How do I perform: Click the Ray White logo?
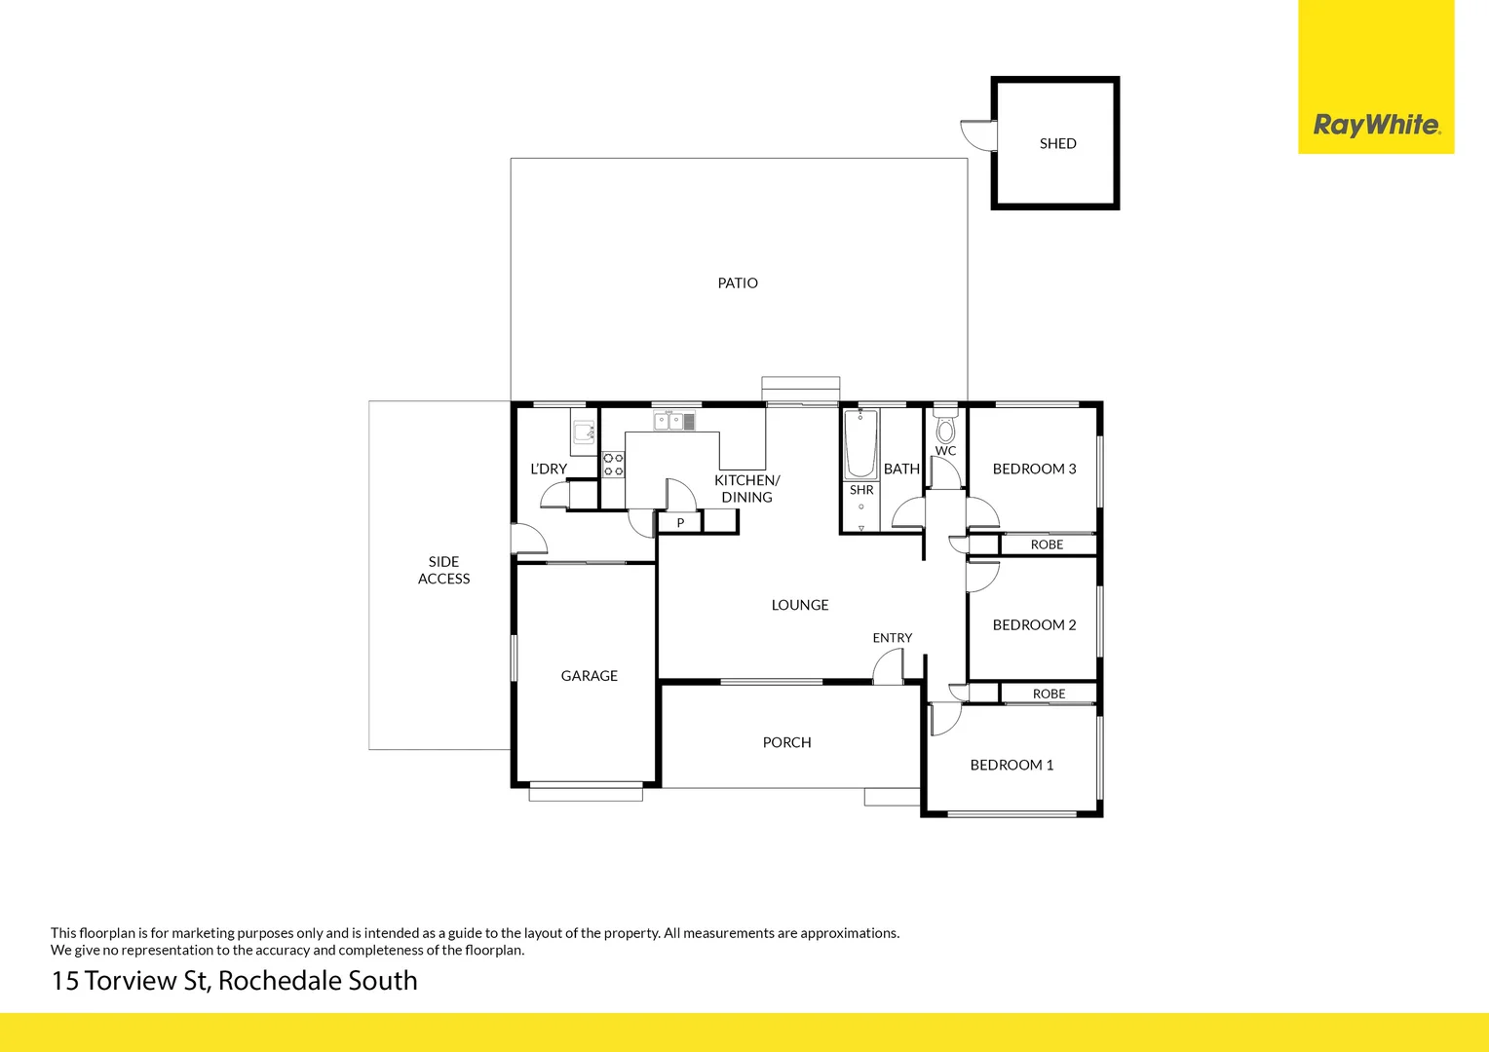pyautogui.click(x=1376, y=125)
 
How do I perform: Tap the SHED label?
pyautogui.click(x=1057, y=143)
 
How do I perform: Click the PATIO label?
pyautogui.click(x=738, y=283)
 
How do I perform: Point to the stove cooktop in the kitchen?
pyautogui.click(x=613, y=465)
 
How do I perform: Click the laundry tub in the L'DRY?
pyautogui.click(x=584, y=432)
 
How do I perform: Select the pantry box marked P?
pyautogui.click(x=680, y=523)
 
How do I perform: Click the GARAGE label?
pyautogui.click(x=589, y=676)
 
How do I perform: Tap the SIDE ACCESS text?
pyautogui.click(x=443, y=570)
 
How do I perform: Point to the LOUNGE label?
pyautogui.click(x=800, y=605)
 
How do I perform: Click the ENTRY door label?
pyautogui.click(x=892, y=638)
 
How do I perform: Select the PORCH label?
pyautogui.click(x=786, y=742)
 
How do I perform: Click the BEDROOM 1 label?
pyautogui.click(x=1012, y=766)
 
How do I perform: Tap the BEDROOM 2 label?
pyautogui.click(x=1034, y=625)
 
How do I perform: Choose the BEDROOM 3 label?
pyautogui.click(x=1034, y=470)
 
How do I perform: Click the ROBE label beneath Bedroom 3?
pyautogui.click(x=1047, y=545)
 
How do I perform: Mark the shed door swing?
pyautogui.click(x=977, y=133)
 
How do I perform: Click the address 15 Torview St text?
pyautogui.click(x=234, y=981)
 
